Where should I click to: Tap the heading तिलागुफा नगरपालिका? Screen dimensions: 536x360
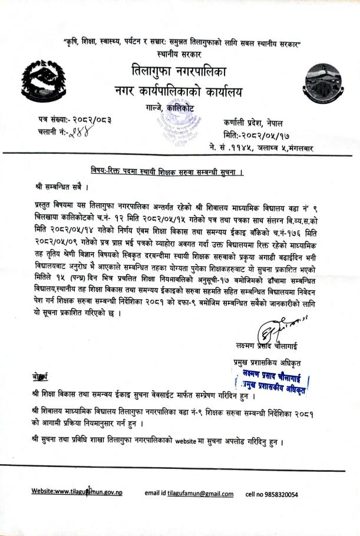(179, 74)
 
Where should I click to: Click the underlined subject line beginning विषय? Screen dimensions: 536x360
(167, 171)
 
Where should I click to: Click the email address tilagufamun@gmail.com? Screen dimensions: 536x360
(200, 494)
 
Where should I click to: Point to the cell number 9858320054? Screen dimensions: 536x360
(288, 494)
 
